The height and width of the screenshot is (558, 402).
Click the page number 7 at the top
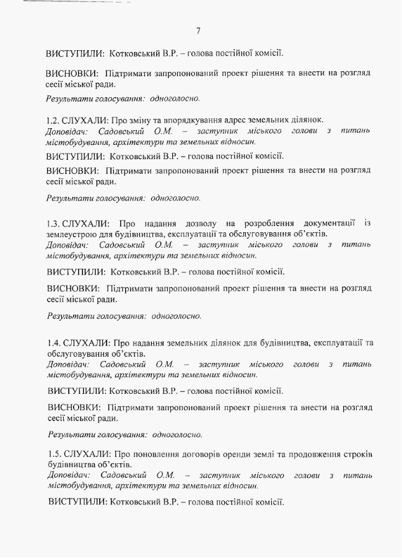(198, 31)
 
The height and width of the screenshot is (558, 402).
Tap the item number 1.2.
(53, 120)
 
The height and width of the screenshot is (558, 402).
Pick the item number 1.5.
(54, 455)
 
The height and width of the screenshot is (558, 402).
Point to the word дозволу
(191, 223)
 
